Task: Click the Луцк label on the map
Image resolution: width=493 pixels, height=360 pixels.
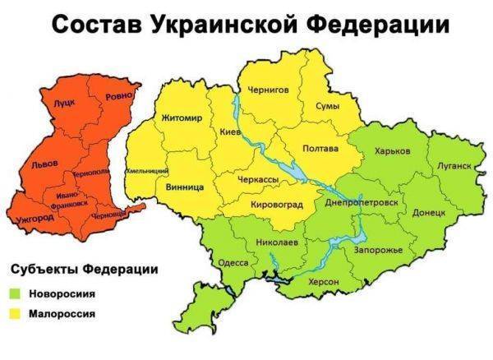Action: tap(63, 105)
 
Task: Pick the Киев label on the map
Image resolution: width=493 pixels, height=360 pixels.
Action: tap(231, 132)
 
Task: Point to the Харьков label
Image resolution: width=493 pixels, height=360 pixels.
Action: tap(392, 151)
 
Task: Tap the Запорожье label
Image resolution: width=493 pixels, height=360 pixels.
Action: tap(378, 248)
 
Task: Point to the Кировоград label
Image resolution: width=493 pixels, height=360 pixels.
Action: tap(276, 204)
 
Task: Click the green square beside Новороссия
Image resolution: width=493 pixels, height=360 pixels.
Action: tap(16, 293)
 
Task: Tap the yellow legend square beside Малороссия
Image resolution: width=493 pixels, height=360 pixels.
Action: tap(16, 313)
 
